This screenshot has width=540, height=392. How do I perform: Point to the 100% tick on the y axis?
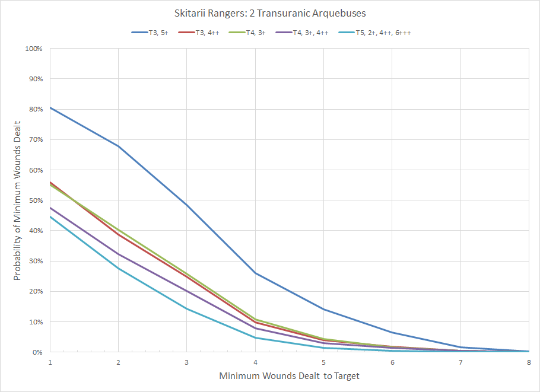pos(34,48)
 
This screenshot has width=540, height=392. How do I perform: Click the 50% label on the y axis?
pos(36,200)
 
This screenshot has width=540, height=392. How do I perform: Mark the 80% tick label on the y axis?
pos(36,109)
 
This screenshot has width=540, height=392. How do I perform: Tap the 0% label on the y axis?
pos(37,352)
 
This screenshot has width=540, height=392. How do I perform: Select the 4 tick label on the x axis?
pos(256,362)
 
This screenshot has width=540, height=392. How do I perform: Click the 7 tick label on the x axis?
pos(460,362)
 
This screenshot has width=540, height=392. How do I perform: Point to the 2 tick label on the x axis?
pos(119,362)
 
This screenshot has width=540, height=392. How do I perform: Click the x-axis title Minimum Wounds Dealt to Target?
pos(289,376)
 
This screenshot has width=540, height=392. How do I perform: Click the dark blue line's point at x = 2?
pos(119,146)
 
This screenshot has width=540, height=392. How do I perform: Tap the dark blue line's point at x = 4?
pos(256,273)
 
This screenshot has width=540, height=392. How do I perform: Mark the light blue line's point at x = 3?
pos(187,308)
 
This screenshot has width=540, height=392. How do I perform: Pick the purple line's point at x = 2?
pos(119,254)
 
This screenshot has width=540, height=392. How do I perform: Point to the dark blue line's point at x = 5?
pos(324,309)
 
